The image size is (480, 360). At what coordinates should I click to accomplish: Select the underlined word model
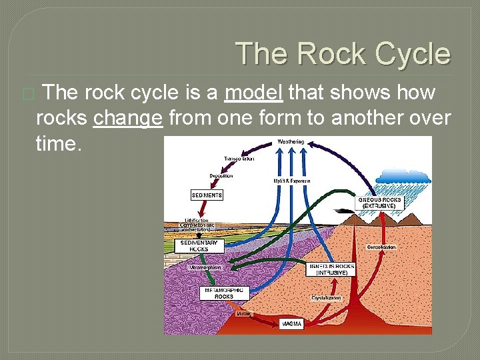(254, 93)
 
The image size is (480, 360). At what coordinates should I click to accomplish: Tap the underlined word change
(128, 118)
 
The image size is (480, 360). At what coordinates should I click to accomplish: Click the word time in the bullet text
(58, 143)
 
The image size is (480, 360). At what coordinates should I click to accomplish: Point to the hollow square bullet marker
(27, 95)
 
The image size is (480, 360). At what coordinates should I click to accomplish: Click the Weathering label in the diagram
(291, 141)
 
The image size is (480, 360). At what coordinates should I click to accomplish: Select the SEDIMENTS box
(207, 195)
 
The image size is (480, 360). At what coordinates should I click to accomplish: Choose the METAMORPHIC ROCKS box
(223, 293)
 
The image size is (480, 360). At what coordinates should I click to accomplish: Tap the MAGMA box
(291, 324)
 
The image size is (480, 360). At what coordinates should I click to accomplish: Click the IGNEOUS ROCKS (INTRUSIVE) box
(332, 269)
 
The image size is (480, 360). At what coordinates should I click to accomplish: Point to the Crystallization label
(327, 298)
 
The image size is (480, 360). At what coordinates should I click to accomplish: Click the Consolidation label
(381, 247)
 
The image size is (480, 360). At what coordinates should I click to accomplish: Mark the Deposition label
(221, 176)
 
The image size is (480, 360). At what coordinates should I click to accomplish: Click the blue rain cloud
(403, 175)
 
